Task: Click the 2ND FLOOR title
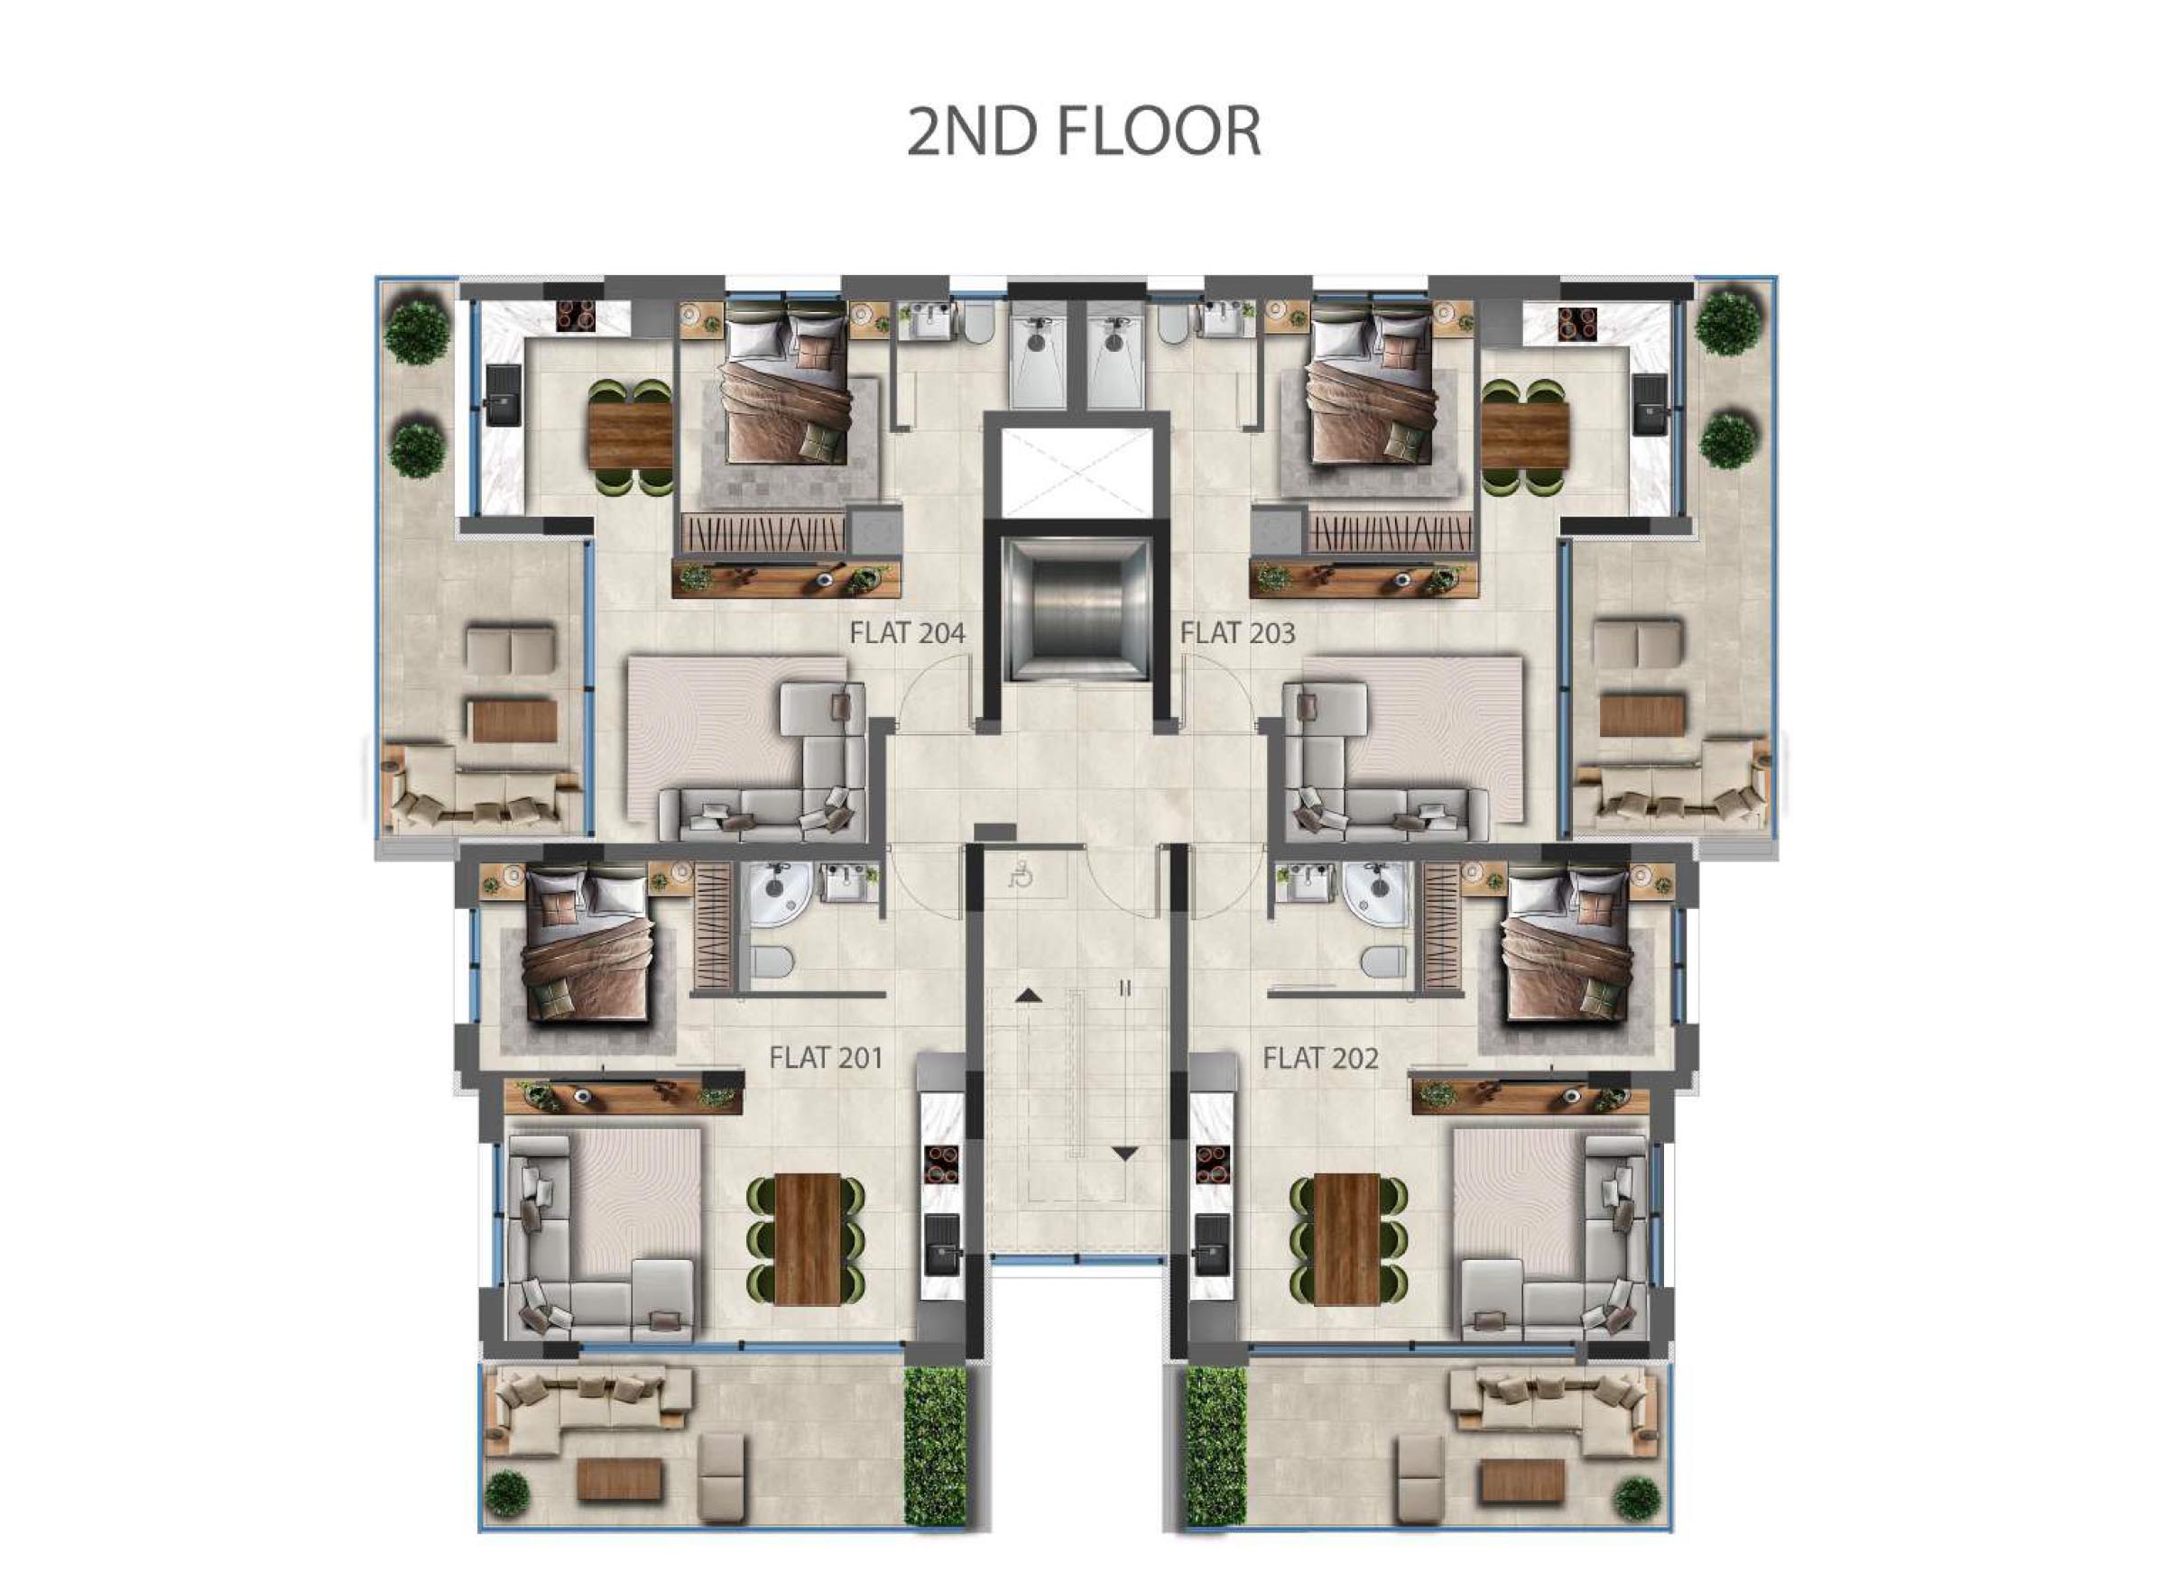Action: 1084,132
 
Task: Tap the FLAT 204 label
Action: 907,633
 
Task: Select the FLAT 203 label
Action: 1237,633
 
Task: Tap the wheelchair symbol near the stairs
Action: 1021,875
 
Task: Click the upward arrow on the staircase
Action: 1028,994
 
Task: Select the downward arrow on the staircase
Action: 1124,1153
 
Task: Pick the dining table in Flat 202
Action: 1346,1238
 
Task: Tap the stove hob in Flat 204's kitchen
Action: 577,316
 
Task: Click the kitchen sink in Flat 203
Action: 1651,400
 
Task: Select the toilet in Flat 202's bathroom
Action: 1384,961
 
